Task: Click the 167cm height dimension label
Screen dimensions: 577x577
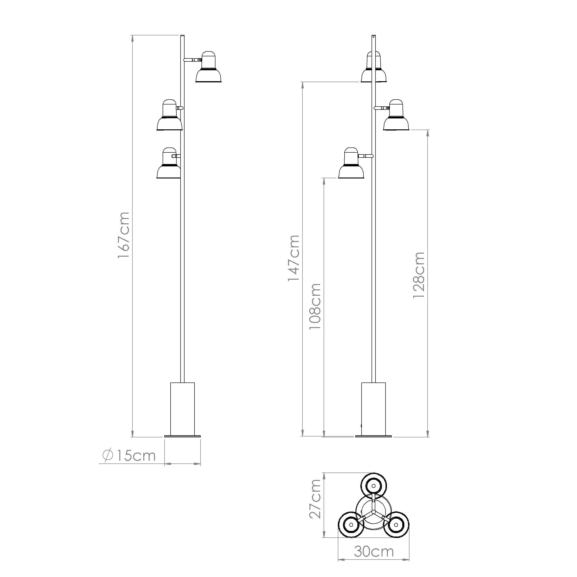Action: tap(124, 235)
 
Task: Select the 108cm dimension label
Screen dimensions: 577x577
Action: tap(315, 306)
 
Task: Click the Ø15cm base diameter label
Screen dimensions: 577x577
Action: tap(129, 456)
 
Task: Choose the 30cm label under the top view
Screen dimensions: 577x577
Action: tap(374, 552)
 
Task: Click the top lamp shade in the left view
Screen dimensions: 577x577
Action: tap(208, 67)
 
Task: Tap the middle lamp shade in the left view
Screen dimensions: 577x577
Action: tap(169, 115)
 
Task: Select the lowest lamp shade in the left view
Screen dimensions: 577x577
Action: tap(168, 163)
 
